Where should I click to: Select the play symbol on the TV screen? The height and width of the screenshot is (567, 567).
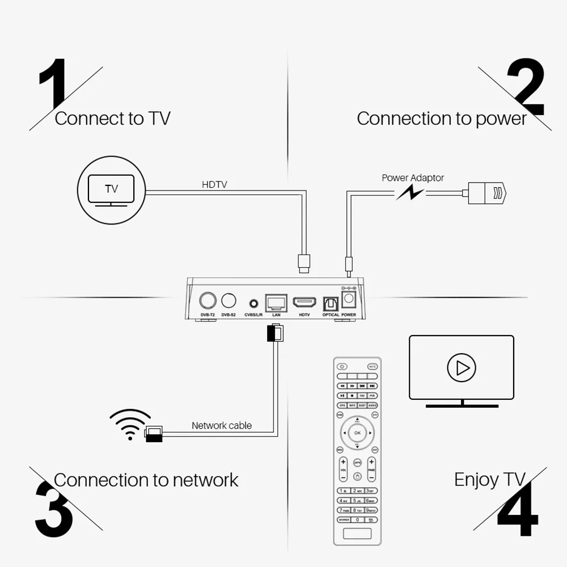tap(462, 368)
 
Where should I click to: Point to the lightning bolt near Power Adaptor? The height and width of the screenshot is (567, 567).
tap(409, 193)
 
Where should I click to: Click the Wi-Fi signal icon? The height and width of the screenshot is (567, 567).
tap(130, 425)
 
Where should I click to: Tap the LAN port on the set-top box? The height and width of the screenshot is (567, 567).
tap(277, 302)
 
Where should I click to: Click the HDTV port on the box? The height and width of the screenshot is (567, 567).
tap(304, 302)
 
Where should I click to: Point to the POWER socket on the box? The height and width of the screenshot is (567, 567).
tap(348, 299)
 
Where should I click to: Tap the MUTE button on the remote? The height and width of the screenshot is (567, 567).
tap(372, 366)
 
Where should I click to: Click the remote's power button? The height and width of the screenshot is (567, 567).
tap(341, 366)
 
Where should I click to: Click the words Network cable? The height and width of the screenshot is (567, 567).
tap(222, 425)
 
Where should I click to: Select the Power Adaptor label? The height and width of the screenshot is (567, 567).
tap(413, 177)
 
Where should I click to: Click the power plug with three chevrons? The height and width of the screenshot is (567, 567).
tap(488, 193)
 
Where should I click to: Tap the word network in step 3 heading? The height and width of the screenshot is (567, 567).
tap(205, 480)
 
